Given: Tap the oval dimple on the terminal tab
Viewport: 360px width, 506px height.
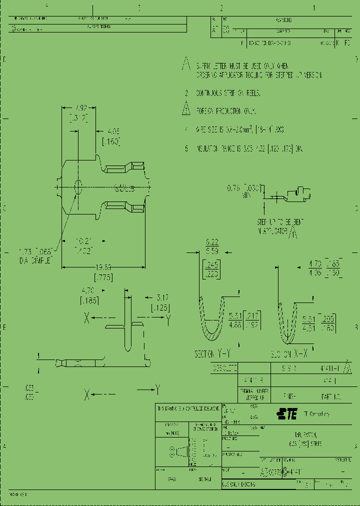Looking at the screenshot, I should coord(78,186).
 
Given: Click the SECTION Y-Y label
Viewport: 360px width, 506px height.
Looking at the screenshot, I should coord(212,353).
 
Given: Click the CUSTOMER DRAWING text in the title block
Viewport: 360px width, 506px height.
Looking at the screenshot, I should coord(239,484).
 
